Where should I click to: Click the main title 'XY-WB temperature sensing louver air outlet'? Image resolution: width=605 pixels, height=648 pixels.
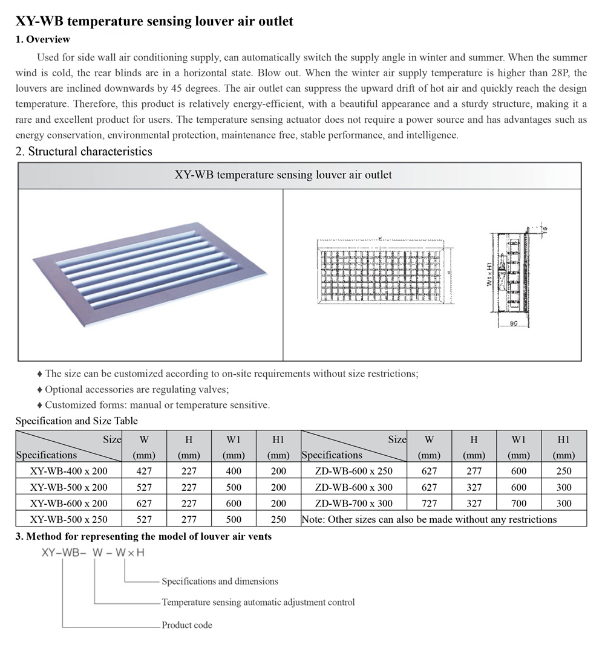pos(154,22)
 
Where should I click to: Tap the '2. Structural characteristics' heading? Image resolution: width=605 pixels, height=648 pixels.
pos(83,151)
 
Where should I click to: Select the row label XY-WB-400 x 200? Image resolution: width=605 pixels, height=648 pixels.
pos(68,471)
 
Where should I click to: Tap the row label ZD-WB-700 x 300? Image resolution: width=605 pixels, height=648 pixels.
pos(354,503)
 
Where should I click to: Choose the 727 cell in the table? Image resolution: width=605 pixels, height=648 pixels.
pos(429,503)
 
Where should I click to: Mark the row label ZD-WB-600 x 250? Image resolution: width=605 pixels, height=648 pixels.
pos(354,471)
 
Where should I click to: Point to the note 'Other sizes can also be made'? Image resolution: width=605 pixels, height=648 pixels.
pos(429,519)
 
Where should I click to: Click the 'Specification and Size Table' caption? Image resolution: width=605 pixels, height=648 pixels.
pos(76,421)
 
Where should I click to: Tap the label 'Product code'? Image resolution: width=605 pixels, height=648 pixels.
pos(187,625)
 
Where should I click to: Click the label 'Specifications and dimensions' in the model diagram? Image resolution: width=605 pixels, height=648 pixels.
pos(220,582)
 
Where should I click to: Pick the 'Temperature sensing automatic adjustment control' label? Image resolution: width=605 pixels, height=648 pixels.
pos(258,602)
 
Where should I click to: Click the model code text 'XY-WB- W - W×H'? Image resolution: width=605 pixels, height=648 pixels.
pos(93,552)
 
